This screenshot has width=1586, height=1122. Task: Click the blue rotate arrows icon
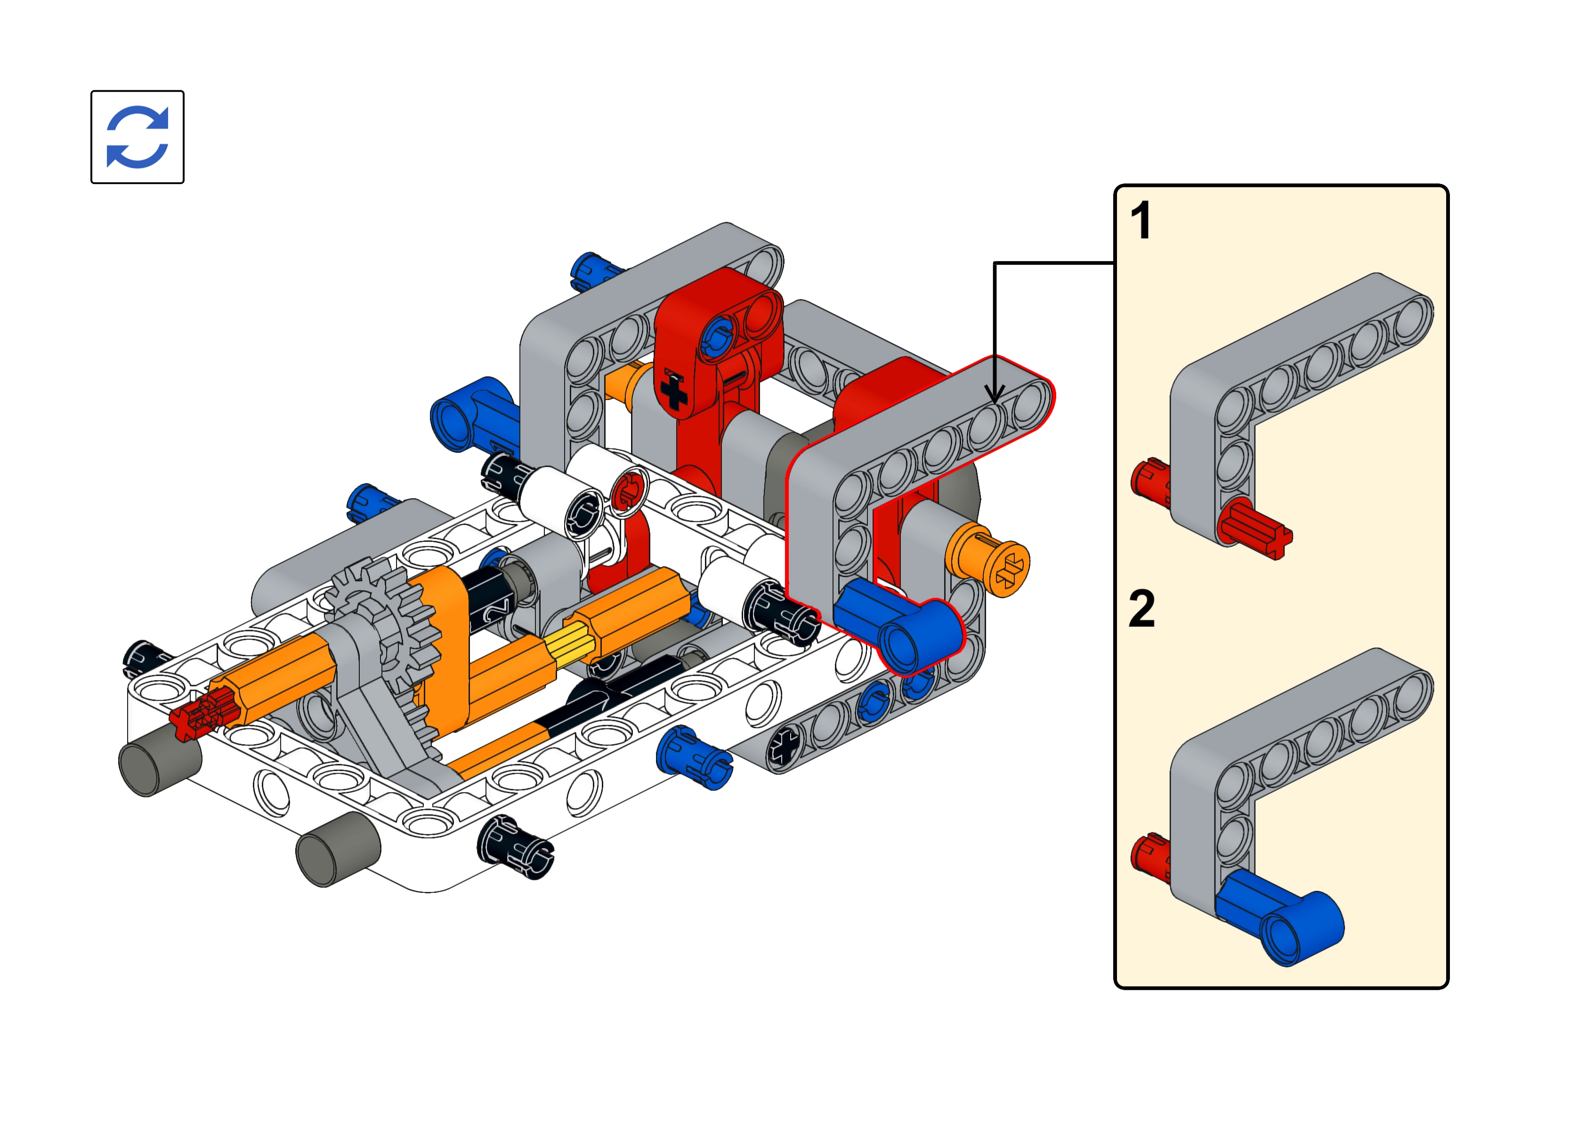(x=138, y=137)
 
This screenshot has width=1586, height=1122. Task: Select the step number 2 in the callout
(x=1141, y=608)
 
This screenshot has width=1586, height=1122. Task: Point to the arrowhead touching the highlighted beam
(x=995, y=394)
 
